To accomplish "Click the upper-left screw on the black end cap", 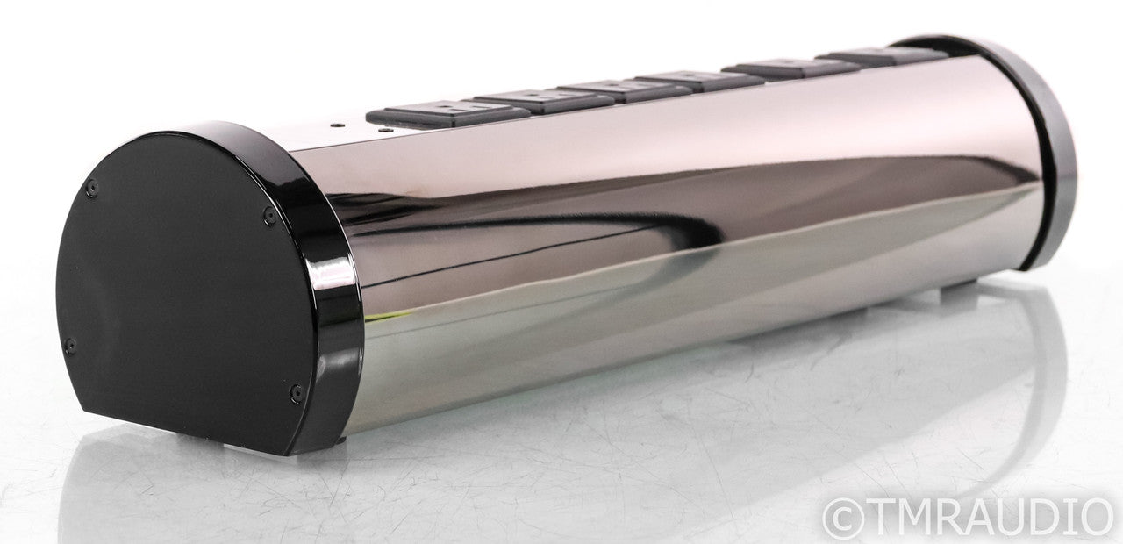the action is pyautogui.click(x=91, y=188).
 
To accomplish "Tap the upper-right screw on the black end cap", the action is pyautogui.click(x=269, y=216).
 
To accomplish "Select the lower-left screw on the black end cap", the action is pyautogui.click(x=71, y=346).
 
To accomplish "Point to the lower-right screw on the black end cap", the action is pyautogui.click(x=297, y=392).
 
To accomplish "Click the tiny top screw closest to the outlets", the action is pyautogui.click(x=385, y=130).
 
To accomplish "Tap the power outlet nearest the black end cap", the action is pyautogui.click(x=447, y=114).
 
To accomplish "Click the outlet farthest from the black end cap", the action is pyautogui.click(x=887, y=56).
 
